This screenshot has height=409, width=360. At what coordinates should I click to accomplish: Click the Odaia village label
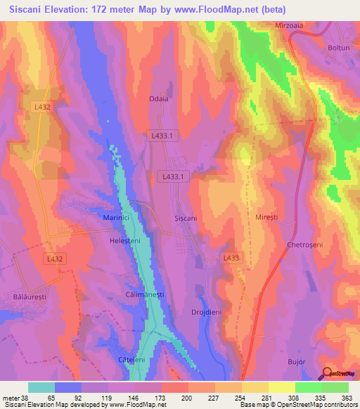point(159,99)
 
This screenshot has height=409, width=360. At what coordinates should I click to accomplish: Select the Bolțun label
point(338,48)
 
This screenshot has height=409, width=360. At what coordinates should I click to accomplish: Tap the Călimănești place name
point(144,294)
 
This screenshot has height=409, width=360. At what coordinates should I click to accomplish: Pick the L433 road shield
point(231,259)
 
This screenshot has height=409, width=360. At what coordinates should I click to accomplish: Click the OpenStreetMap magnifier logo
point(328,373)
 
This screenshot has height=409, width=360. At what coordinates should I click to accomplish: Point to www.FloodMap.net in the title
point(227,10)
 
